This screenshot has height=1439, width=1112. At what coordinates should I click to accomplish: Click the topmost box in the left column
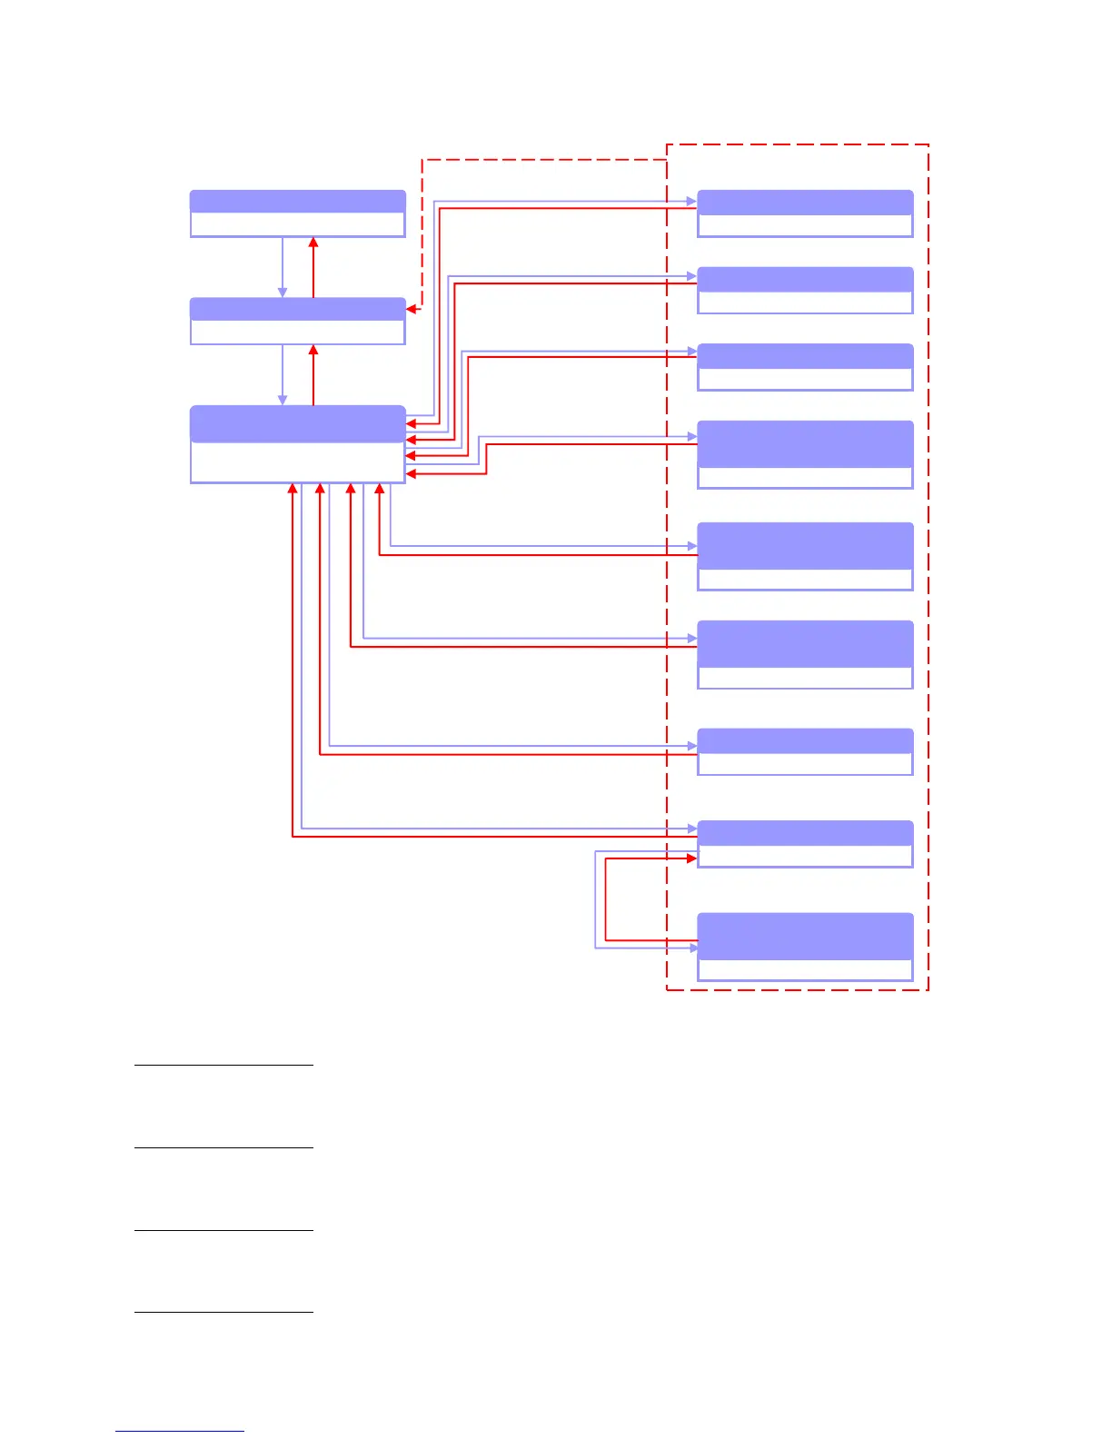pos(297,213)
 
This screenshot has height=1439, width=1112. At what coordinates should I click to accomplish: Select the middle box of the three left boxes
pos(297,321)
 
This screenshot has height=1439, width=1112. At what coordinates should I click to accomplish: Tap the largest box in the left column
pos(297,443)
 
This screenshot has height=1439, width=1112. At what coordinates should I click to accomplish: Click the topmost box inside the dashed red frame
pos(804,213)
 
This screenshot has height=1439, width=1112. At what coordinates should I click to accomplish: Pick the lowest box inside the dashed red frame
pos(804,947)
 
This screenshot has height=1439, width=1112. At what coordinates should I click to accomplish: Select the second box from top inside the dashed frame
pos(804,290)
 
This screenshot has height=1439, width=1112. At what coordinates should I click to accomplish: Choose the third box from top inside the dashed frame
pos(804,367)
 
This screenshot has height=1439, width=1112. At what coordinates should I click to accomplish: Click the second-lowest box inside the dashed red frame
pos(804,844)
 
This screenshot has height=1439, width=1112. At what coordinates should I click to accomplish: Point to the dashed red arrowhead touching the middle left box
pos(412,309)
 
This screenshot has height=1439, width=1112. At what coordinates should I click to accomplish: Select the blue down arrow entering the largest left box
pos(283,399)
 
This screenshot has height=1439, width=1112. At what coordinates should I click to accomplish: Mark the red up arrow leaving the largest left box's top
pos(313,351)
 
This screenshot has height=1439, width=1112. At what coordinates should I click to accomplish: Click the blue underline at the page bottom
pos(180,1431)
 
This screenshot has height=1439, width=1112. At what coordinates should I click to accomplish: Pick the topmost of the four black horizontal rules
pos(223,1064)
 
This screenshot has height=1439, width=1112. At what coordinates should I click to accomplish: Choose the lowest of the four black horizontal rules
pos(223,1312)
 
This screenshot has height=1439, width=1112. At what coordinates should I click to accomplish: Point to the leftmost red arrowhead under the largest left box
pos(293,489)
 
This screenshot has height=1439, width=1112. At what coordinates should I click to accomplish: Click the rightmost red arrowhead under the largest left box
pos(380,489)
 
